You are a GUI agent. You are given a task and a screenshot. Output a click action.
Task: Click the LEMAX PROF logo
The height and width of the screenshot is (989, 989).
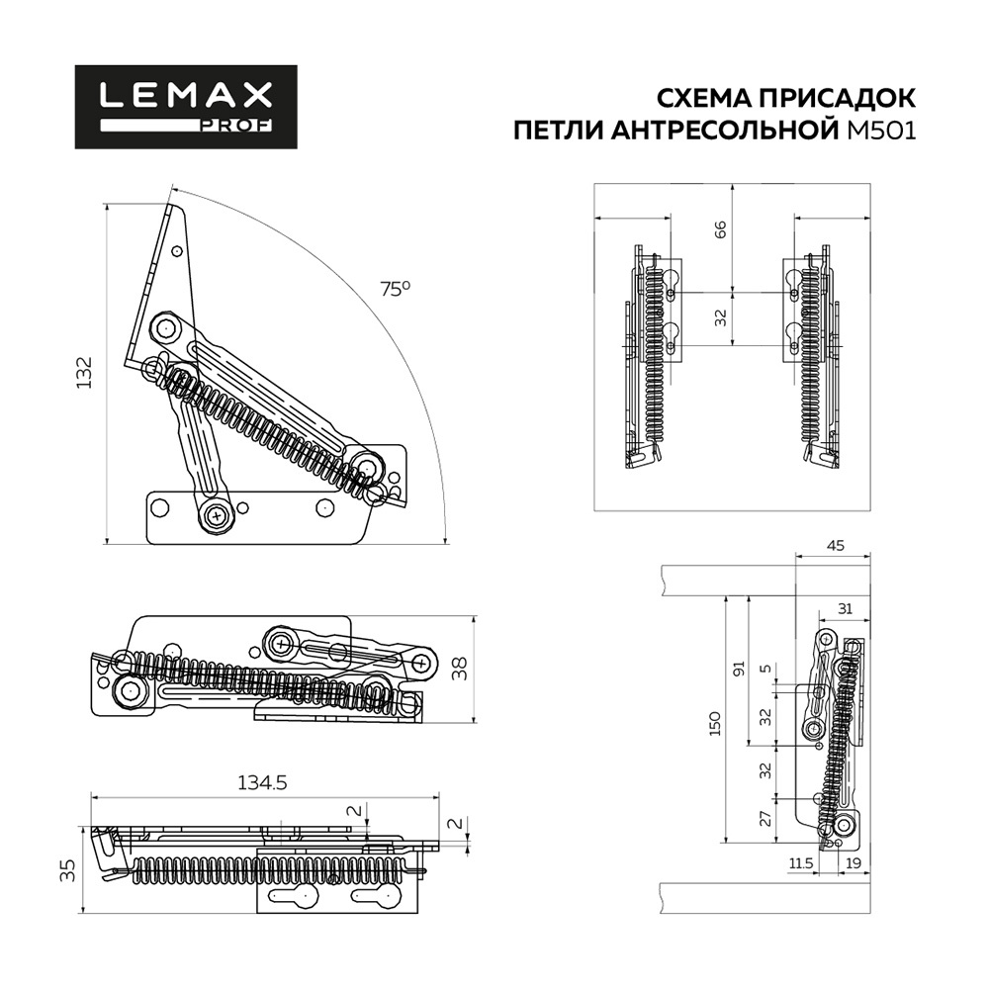coord(186,107)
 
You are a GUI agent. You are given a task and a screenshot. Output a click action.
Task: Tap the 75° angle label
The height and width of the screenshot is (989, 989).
coord(395,289)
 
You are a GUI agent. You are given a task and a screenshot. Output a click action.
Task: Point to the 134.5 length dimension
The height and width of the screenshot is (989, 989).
coord(261,782)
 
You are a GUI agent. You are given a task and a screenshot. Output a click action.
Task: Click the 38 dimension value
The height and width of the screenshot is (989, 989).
coord(459,670)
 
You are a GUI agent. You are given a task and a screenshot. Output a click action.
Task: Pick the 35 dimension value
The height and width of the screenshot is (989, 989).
coord(67,870)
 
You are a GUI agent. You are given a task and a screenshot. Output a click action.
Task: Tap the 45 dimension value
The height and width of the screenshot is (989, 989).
coord(834,545)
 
